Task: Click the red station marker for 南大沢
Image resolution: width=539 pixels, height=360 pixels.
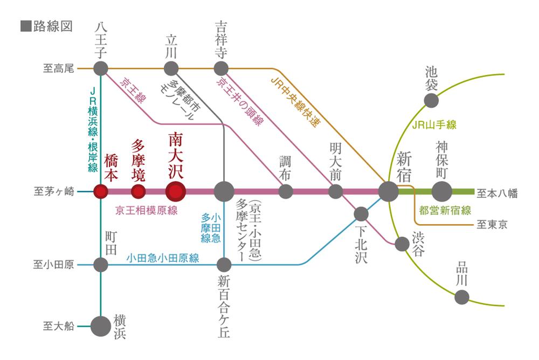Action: click(176, 191)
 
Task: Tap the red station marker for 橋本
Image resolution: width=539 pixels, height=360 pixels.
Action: click(101, 191)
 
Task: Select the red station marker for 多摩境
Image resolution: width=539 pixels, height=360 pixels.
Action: click(139, 191)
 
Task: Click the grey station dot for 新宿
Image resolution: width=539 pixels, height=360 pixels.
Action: click(388, 191)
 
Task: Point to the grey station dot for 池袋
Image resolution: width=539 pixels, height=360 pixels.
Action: click(431, 100)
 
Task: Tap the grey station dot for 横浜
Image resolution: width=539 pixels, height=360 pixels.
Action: click(100, 326)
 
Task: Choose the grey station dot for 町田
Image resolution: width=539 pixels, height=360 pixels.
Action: click(101, 265)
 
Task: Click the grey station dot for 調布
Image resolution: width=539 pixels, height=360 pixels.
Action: click(286, 191)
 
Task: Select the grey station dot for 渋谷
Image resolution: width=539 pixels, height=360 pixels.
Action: click(402, 244)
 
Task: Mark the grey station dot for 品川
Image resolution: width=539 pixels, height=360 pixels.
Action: click(461, 296)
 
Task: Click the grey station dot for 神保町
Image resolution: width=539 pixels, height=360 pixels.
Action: click(442, 191)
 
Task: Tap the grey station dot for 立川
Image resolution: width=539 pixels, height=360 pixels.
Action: click(171, 68)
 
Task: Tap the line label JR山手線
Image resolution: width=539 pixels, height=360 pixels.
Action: click(434, 125)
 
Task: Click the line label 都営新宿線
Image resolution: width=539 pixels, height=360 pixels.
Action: click(445, 211)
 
